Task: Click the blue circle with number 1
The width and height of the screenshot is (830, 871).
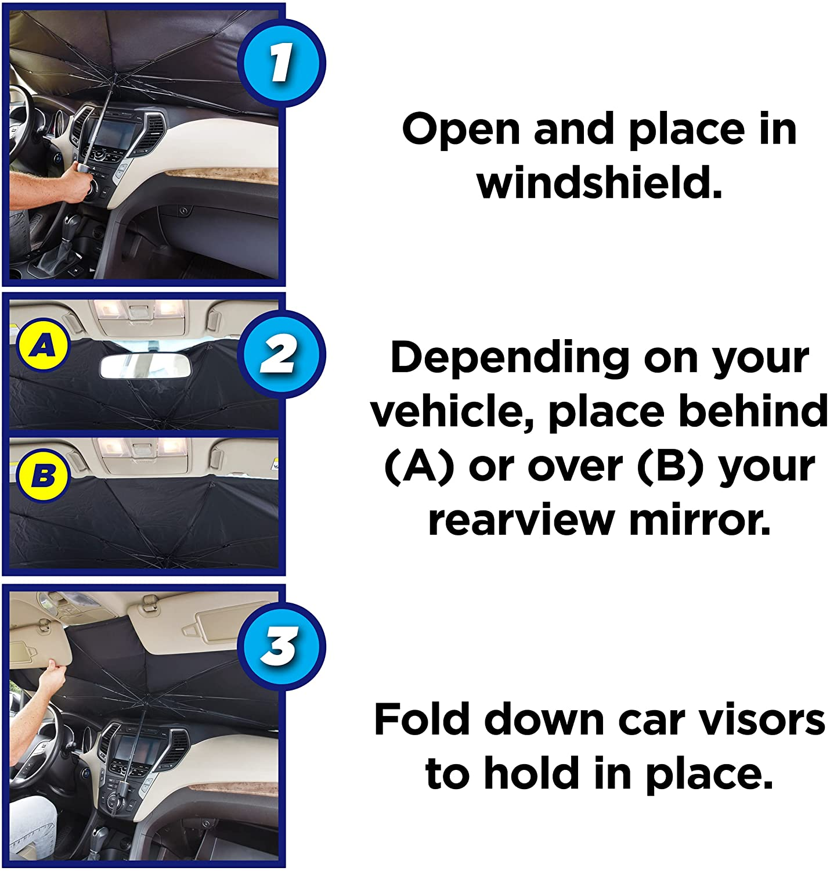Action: point(281,63)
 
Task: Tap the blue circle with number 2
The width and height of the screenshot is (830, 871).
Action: point(281,354)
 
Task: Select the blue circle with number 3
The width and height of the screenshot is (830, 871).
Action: point(281,646)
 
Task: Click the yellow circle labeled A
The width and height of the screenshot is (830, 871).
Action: point(43,347)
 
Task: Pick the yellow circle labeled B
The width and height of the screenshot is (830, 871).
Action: point(43,476)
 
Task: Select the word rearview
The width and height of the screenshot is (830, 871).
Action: point(521,519)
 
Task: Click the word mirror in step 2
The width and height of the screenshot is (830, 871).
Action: point(700,519)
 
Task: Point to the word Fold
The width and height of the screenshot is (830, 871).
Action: point(421,720)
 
